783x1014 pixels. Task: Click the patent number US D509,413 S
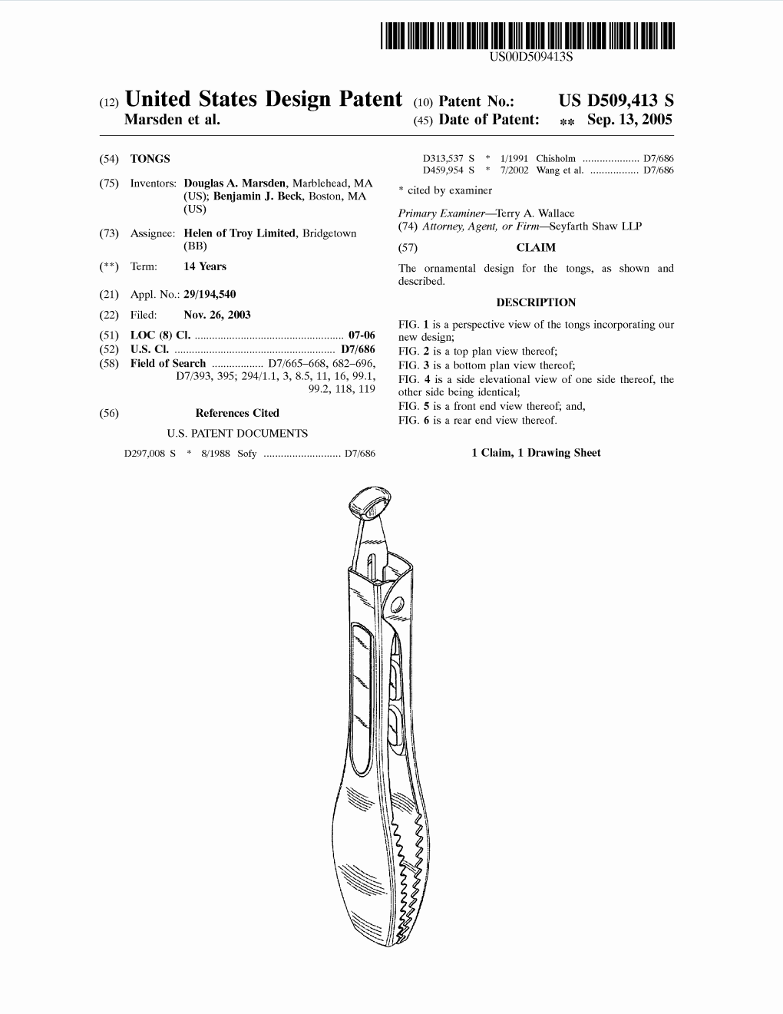(616, 101)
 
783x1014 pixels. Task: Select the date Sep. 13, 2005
(629, 120)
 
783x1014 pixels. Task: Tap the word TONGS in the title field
(150, 159)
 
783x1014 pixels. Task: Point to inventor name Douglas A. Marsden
(235, 183)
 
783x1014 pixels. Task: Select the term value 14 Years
(205, 266)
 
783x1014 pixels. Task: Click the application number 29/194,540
(210, 294)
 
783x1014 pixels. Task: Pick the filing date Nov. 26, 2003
(217, 315)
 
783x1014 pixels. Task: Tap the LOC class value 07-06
(362, 335)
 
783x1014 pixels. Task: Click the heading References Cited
(237, 413)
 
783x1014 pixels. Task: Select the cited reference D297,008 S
(150, 454)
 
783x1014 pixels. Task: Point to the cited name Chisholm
(556, 159)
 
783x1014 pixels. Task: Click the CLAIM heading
(536, 248)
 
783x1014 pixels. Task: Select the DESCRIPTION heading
(536, 302)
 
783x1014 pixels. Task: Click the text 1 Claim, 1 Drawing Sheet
(536, 453)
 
